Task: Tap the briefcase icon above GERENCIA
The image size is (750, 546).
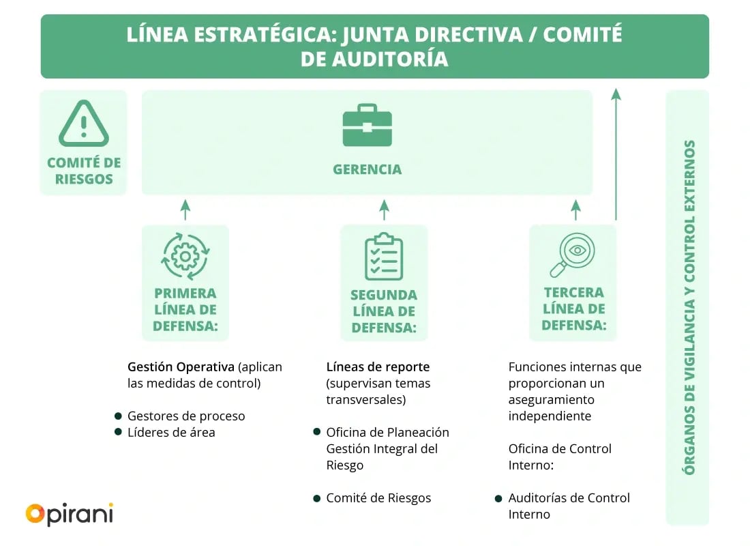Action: point(367,126)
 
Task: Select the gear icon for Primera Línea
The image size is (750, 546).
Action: point(185,257)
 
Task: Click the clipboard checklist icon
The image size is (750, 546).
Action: point(384,257)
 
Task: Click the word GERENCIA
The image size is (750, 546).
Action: point(367,169)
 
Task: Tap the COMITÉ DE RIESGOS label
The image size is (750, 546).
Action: point(84,171)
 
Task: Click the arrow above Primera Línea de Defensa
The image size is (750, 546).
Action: point(185,210)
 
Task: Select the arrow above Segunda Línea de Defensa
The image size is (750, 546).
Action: point(384,210)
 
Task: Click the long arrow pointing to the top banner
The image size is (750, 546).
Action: point(616,154)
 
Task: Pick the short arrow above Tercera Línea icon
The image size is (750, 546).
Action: point(576,210)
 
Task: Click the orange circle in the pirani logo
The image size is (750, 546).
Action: point(35,513)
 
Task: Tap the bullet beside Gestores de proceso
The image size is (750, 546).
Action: point(118,415)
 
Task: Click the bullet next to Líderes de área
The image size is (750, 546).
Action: point(118,431)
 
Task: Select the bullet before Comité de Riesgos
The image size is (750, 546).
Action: point(316,498)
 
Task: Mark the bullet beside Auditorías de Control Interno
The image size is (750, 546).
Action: point(498,498)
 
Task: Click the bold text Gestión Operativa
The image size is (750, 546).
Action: point(181,367)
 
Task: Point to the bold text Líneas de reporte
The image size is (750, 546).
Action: point(378,367)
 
